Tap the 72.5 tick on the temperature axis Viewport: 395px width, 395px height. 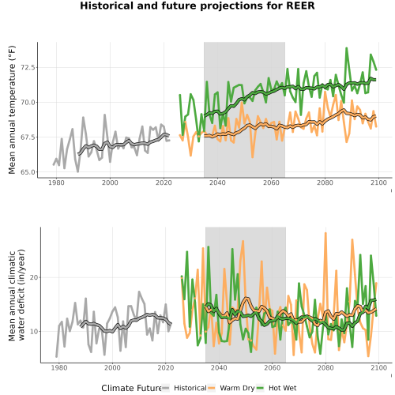[x=28, y=67]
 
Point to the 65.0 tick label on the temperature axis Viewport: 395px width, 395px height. [x=28, y=172]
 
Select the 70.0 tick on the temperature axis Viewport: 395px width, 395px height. [x=28, y=103]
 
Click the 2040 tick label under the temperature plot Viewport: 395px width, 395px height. [x=217, y=182]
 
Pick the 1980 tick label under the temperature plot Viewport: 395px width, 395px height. [x=56, y=182]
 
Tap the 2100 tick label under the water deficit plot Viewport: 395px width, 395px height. [x=378, y=367]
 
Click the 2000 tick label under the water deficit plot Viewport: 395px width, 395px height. [x=112, y=367]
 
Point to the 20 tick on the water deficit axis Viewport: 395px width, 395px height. [x=34, y=277]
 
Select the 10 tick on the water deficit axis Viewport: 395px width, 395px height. [x=34, y=332]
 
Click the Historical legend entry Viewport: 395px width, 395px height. [x=184, y=388]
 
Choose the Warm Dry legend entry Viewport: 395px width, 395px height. [x=231, y=388]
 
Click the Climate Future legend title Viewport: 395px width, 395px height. [x=131, y=388]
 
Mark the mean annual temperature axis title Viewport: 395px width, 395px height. [x=12, y=110]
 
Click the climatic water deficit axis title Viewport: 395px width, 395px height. [x=17, y=295]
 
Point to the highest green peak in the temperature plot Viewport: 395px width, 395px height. [x=347, y=48]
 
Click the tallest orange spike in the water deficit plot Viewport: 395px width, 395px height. [x=325, y=233]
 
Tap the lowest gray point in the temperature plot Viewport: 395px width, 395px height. [x=77, y=171]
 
